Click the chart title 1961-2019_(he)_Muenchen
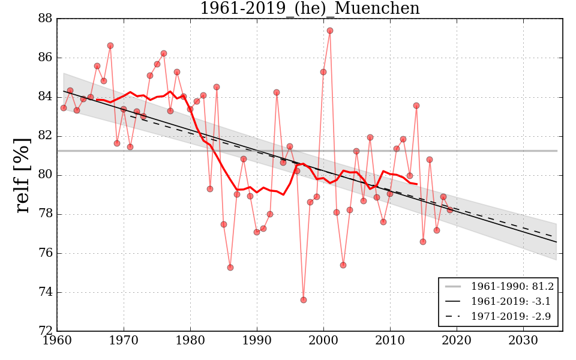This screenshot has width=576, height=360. pos(310,9)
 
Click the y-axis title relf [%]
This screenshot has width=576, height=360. pos(23,175)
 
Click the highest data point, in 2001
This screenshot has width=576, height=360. pos(330,31)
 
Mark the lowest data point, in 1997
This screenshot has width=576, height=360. pos(304,300)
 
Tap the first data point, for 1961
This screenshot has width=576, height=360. pos(64,108)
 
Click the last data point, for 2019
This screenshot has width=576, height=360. pos(450,209)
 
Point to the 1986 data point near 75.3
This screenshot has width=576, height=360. pos(230,268)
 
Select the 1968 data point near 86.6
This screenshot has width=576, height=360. pos(110,46)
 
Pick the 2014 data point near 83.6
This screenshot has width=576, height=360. pos(416,106)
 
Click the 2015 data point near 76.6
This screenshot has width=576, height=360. pos(423,242)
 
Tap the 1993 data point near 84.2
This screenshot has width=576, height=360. pos(277,92)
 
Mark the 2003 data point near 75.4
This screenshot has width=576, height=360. pos(343,265)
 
